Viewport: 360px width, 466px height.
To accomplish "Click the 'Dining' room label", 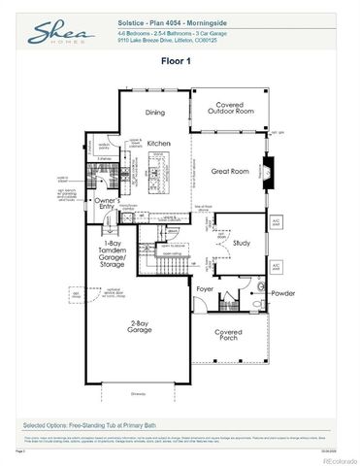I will [x=155, y=112].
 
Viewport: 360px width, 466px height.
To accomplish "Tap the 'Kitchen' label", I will [x=160, y=142].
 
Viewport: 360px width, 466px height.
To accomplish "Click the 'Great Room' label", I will [x=231, y=171].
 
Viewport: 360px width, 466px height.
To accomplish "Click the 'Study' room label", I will [x=242, y=243].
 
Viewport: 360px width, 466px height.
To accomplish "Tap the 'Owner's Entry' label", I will [x=107, y=205].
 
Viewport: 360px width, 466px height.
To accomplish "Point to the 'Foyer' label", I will [x=205, y=288].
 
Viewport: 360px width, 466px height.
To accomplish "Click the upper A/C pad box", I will [x=277, y=222].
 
